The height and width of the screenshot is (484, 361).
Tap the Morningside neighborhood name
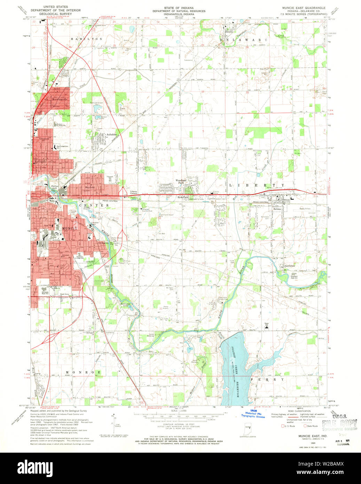pos(57,99)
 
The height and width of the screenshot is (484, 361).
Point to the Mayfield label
pos(90,187)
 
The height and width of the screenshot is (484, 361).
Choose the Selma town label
pos(277,209)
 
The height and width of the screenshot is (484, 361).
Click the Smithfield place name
pos(290,266)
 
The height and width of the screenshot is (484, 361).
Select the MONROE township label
pos(83,372)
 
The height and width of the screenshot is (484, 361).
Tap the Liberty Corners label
pos(133,192)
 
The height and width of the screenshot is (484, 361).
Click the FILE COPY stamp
pos(339,423)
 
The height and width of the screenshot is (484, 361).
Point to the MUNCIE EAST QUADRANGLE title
pos(304,7)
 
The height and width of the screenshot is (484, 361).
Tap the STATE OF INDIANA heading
pos(179,7)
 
